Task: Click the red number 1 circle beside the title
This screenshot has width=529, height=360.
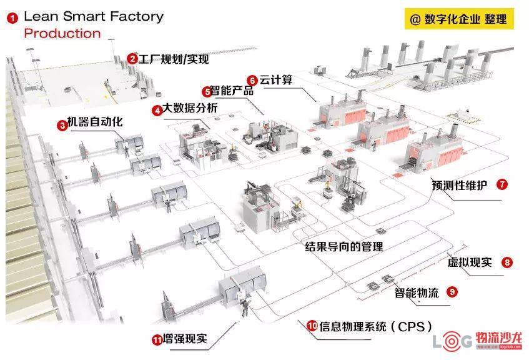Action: tap(12, 18)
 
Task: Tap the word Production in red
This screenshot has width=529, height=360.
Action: tap(62, 33)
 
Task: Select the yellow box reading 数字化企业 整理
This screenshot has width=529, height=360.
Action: tap(459, 19)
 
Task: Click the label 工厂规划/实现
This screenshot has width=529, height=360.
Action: tap(174, 59)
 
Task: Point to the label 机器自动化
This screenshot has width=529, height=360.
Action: tap(95, 122)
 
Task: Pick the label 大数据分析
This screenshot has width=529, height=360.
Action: tap(190, 108)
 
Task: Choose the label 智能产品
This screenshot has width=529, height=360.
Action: tap(232, 91)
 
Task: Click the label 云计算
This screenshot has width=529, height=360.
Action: tap(275, 80)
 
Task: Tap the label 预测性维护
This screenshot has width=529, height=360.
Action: tap(460, 185)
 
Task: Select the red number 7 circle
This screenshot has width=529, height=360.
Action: tap(502, 184)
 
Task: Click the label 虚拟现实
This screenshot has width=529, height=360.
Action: tap(470, 262)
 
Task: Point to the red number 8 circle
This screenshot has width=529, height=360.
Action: tap(507, 262)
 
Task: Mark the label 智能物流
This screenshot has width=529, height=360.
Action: tap(417, 292)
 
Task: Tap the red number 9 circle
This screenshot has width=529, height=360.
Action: tap(452, 291)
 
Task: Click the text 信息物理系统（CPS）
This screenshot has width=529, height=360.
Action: tap(376, 327)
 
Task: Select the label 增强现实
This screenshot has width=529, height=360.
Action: tap(185, 339)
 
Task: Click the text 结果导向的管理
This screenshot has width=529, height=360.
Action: tap(344, 246)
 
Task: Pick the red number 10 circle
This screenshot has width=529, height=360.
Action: tap(312, 326)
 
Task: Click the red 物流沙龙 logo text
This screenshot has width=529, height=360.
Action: tap(499, 337)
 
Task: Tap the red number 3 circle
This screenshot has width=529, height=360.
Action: tap(62, 126)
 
